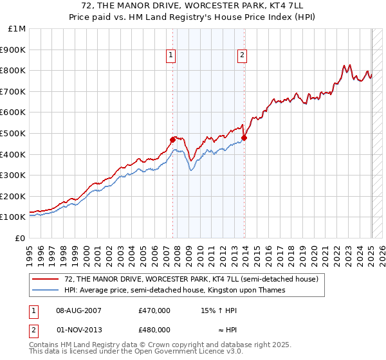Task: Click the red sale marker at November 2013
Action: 244,137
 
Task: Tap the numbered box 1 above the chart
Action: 171,55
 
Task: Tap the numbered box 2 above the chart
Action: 243,55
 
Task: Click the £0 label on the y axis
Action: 20,238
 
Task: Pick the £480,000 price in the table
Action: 154,329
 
